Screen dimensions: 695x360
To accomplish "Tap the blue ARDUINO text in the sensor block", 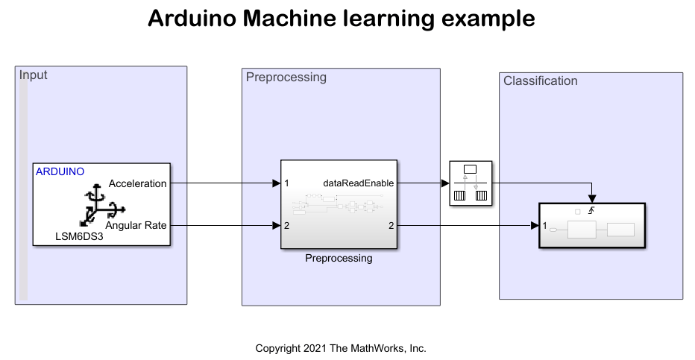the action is [x=60, y=172].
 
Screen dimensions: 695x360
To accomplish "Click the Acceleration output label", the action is [x=137, y=183].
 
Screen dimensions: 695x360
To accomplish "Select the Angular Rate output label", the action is [x=136, y=225].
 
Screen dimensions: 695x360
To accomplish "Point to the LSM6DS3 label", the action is [x=79, y=236].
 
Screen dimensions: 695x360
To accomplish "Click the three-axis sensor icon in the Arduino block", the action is [x=102, y=206].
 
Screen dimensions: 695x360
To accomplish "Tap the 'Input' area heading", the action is [x=33, y=75].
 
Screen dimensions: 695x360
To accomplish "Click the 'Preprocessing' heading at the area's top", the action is [x=286, y=77].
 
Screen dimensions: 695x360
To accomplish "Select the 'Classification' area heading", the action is [x=541, y=80].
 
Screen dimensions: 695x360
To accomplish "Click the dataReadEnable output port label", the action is [x=358, y=183].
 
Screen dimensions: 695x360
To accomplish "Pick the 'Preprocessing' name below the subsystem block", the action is [x=339, y=258].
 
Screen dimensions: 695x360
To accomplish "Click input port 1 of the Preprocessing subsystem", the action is [x=287, y=183].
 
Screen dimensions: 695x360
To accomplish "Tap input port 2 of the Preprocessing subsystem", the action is [x=287, y=226].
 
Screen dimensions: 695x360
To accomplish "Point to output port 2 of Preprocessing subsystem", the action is [x=391, y=226].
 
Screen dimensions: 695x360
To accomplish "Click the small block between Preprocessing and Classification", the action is [x=471, y=183].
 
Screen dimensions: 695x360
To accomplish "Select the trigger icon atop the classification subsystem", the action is [x=591, y=211].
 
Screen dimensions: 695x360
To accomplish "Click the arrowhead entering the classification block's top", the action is [x=592, y=199].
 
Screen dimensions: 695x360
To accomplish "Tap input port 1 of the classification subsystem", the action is [x=545, y=226].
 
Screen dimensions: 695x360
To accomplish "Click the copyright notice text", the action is [x=341, y=349].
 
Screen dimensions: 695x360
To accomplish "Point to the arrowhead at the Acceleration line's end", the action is [x=276, y=183].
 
